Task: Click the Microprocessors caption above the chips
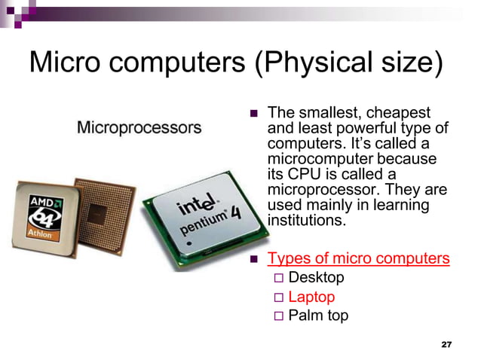(x=139, y=127)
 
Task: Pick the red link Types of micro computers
(x=359, y=258)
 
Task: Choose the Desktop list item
(x=316, y=277)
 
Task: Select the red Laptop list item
(x=311, y=297)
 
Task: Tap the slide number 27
(x=446, y=344)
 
